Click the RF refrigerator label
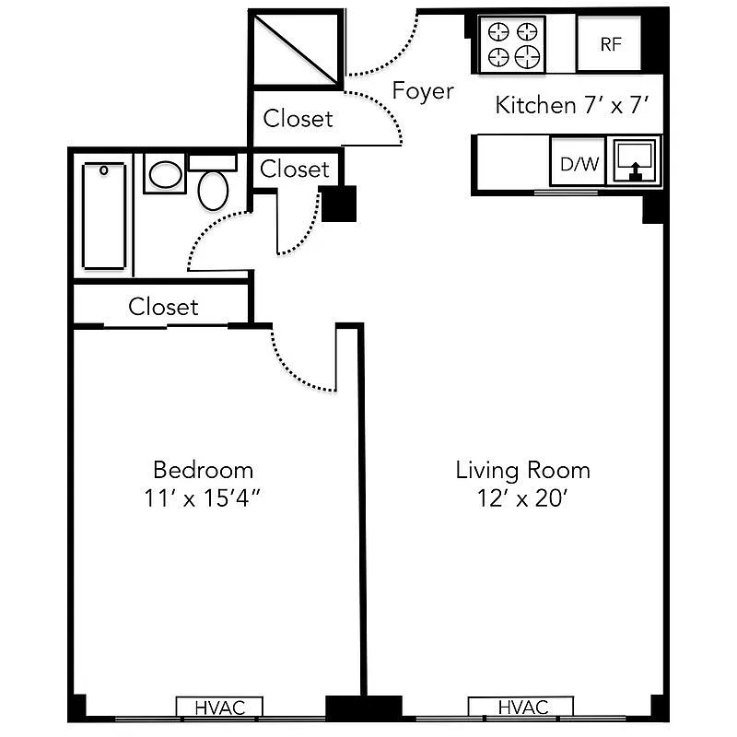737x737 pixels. [611, 44]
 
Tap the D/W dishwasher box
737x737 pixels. [578, 161]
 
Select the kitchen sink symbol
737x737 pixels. [634, 161]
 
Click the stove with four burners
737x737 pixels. [512, 44]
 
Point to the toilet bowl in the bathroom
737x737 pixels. [214, 190]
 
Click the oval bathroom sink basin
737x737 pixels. [166, 174]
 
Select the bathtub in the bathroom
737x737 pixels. [104, 216]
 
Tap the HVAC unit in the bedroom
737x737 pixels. [219, 707]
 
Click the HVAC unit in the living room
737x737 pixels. [521, 707]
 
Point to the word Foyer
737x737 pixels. [423, 90]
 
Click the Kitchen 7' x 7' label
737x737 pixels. [571, 105]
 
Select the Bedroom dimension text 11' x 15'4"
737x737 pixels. [202, 498]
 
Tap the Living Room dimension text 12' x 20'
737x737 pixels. [522, 498]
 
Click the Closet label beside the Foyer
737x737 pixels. [298, 119]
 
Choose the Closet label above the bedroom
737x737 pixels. [163, 307]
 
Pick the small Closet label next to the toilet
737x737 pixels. [295, 170]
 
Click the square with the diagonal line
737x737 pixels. [296, 50]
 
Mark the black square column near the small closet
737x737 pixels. [338, 204]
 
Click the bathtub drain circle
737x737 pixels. [104, 170]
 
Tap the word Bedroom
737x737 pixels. [203, 470]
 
